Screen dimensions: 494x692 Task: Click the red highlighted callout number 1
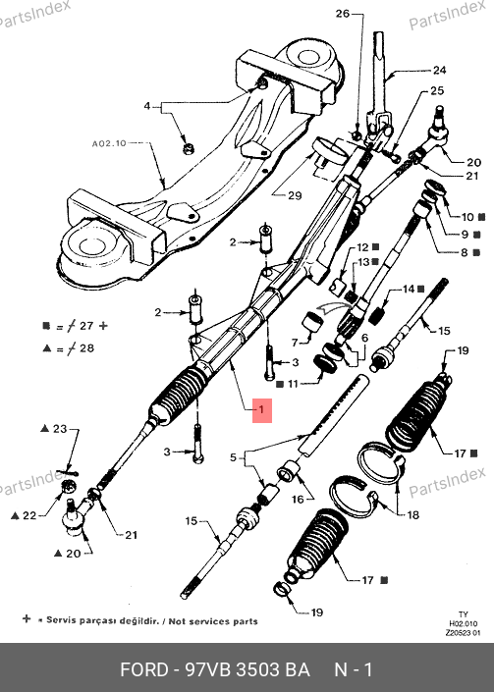coord(262,410)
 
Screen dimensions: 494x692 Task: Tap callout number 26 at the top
coord(343,14)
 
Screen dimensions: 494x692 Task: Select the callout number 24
coord(439,70)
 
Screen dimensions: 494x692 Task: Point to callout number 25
coord(437,90)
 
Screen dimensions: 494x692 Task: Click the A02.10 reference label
coord(109,143)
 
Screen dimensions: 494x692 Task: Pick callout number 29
coord(295,195)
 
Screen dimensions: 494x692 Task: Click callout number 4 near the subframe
coord(147,106)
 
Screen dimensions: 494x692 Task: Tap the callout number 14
coord(409,289)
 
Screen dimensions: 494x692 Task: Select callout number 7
coord(295,343)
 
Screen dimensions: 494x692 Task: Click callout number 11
coord(293,384)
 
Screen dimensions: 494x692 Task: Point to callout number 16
coord(298,499)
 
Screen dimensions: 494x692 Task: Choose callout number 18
coord(412,514)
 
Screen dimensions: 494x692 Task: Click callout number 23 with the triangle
coord(60,429)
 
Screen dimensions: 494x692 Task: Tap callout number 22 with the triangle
coord(29,515)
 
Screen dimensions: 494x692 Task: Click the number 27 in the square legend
coord(86,326)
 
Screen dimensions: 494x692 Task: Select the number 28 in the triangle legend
coord(86,348)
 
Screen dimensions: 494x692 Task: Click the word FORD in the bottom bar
coord(144,669)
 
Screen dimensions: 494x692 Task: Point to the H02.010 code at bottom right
coord(464,623)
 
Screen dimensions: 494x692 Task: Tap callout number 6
coord(364,338)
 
